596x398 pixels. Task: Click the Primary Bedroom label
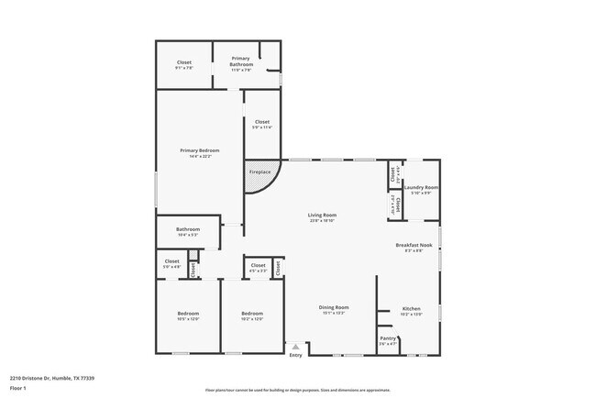(x=199, y=150)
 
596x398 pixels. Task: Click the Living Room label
(x=322, y=215)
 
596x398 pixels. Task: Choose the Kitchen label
(x=411, y=308)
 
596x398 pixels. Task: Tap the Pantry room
(x=388, y=340)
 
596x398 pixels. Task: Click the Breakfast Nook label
(x=409, y=245)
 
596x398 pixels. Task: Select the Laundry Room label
(x=421, y=187)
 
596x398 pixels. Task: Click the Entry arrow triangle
(x=294, y=348)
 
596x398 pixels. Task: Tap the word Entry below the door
(x=295, y=356)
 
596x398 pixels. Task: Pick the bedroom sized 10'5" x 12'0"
(x=188, y=316)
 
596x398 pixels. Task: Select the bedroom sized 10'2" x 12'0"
(x=252, y=316)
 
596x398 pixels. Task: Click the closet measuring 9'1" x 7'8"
(x=184, y=64)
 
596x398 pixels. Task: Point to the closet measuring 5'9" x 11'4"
(x=262, y=124)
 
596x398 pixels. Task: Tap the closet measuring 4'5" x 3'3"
(x=258, y=268)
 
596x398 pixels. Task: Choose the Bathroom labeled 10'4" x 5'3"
(x=188, y=232)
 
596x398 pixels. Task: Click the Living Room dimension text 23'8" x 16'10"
(x=322, y=220)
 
